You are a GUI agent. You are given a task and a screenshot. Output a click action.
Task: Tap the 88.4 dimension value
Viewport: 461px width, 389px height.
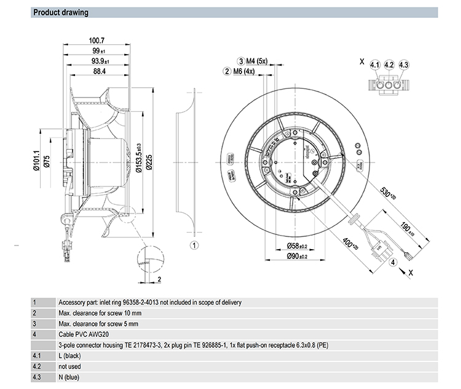point(98,71)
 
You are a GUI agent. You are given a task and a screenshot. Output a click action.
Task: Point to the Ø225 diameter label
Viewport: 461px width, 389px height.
point(148,163)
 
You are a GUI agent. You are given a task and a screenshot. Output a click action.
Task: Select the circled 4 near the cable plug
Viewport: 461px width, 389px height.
point(392,263)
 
